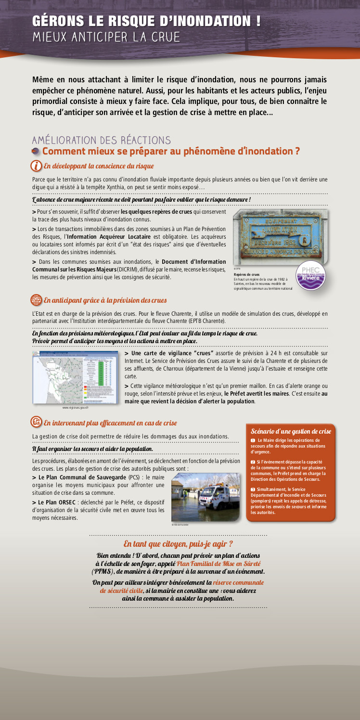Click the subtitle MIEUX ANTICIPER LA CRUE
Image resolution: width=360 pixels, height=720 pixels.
[x=106, y=37]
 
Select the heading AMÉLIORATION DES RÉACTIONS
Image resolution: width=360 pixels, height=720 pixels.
[x=101, y=140]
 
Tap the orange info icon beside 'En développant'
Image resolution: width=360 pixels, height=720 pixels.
[x=36, y=166]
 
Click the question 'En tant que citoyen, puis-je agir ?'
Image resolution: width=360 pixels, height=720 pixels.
[x=178, y=544]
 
